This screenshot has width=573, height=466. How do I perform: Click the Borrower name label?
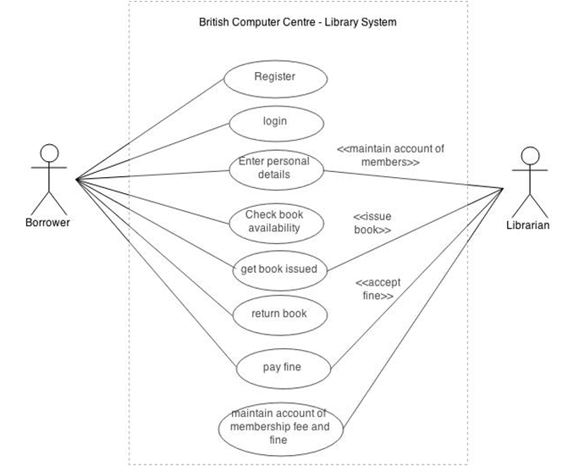pyautogui.click(x=47, y=222)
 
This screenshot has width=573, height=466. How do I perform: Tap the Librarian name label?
pyautogui.click(x=527, y=225)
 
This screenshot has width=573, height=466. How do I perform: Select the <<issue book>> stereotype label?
pyautogui.click(x=372, y=223)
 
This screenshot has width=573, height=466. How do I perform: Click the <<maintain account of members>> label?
pyautogui.click(x=390, y=155)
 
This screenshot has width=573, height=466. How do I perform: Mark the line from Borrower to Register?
pyautogui.click(x=150, y=129)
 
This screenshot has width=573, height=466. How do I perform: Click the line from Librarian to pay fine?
pyautogui.click(x=416, y=279)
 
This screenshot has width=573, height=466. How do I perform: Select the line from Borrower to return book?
pyautogui.click(x=154, y=247)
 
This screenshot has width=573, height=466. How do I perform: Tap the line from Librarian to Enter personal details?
pyautogui.click(x=414, y=180)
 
